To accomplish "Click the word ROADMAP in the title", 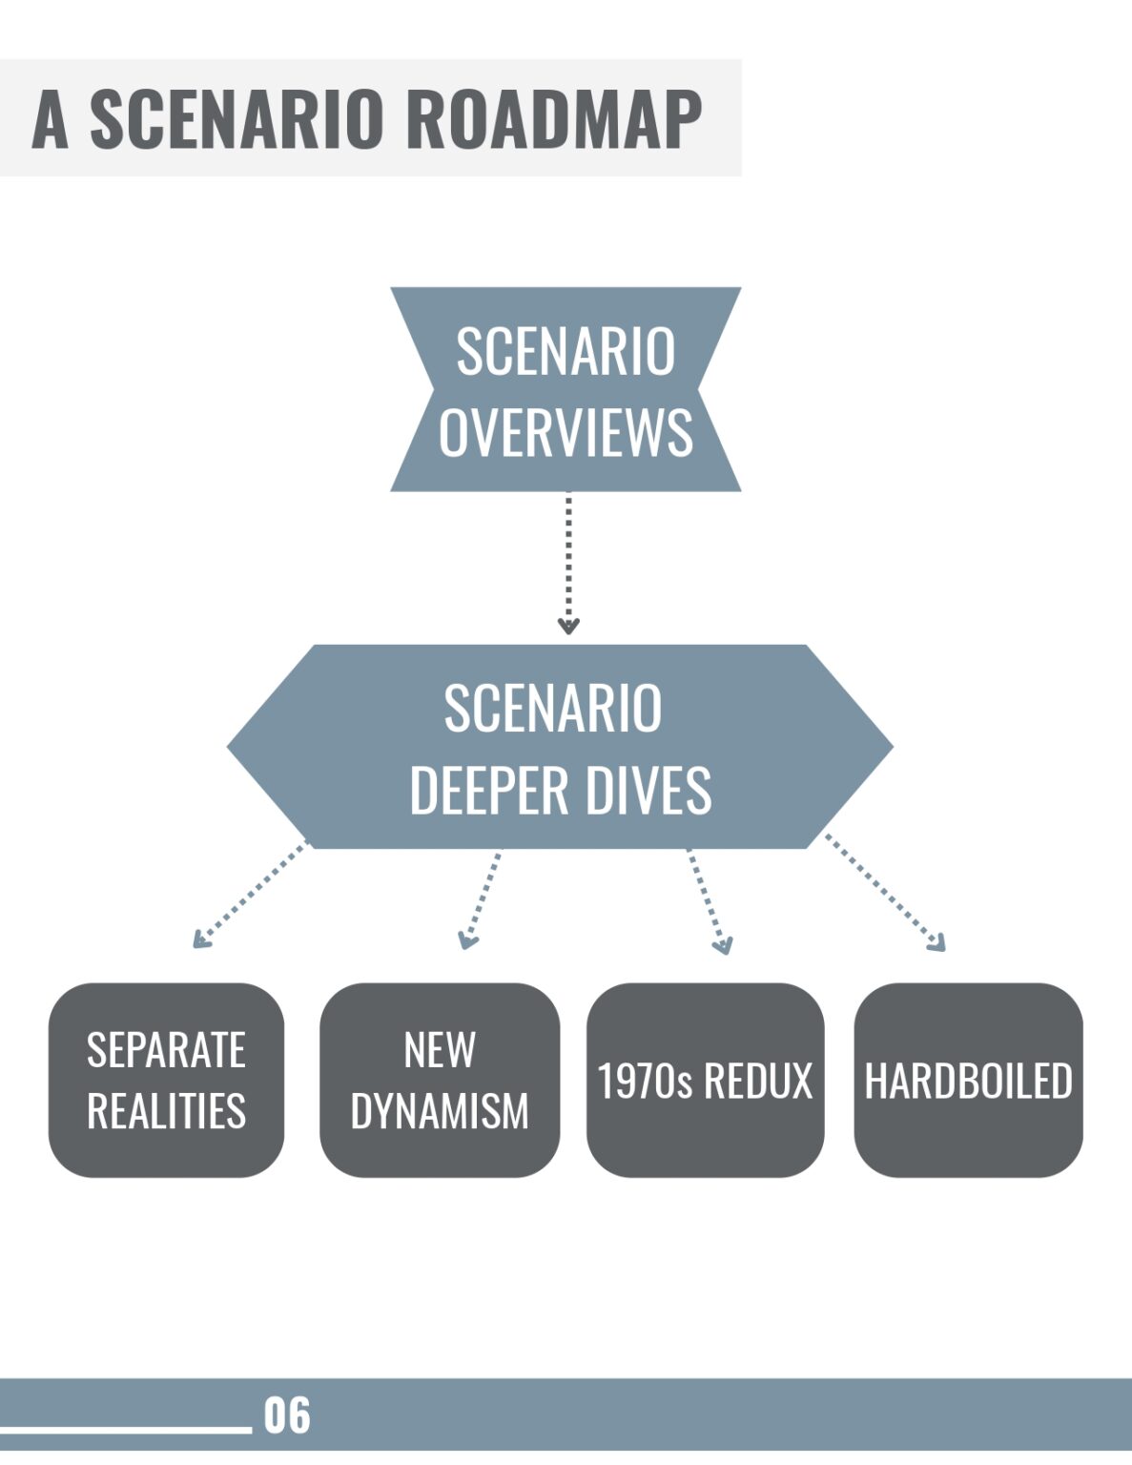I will tap(554, 118).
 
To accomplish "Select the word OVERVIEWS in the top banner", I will tap(566, 432).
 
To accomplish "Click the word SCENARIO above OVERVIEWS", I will tap(566, 351).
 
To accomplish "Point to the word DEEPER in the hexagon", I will tap(488, 790).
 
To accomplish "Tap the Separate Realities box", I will tap(166, 1080).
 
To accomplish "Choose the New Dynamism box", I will tap(439, 1080).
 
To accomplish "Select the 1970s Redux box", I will tap(705, 1080).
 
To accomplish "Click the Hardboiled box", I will tap(968, 1080).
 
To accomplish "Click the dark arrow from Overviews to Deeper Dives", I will tap(568, 563).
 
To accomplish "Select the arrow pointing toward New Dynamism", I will tap(481, 899).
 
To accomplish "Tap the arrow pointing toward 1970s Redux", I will tap(707, 901).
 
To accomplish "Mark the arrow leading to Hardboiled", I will tap(885, 893).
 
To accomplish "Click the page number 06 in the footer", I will tap(287, 1415).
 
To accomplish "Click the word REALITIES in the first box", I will tap(166, 1111).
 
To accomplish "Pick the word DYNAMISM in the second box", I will tap(439, 1111).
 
